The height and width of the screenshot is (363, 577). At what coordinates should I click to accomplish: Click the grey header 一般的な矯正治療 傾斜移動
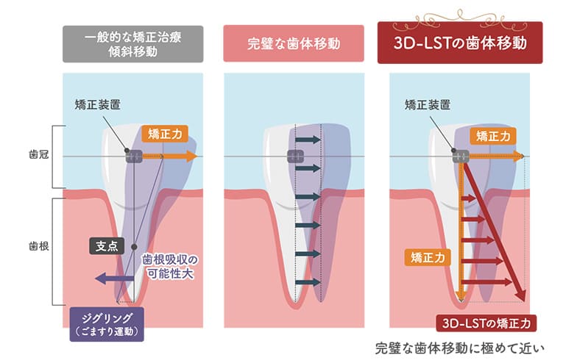[132, 44]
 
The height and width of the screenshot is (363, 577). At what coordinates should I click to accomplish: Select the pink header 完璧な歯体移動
[294, 44]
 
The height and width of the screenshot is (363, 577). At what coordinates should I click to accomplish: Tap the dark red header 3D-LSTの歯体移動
[460, 43]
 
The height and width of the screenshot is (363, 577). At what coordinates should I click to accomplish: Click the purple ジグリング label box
[107, 325]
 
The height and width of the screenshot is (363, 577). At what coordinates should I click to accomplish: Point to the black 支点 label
[107, 246]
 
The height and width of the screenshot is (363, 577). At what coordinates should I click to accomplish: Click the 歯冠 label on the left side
[38, 154]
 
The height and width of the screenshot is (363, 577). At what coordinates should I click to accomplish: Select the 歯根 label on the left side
[38, 245]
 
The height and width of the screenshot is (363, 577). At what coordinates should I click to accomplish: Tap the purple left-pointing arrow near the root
[115, 278]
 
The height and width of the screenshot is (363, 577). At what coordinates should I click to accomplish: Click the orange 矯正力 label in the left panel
[165, 134]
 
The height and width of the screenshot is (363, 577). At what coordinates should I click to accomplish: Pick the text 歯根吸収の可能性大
[170, 266]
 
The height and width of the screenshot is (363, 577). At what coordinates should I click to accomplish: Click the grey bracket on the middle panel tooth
[296, 156]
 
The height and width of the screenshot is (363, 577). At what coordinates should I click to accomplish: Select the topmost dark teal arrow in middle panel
[308, 140]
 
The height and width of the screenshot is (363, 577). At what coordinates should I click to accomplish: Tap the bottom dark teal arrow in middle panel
[308, 282]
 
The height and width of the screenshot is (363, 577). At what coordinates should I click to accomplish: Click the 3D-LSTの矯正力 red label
[486, 323]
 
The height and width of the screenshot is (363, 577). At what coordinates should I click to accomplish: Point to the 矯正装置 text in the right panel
[427, 105]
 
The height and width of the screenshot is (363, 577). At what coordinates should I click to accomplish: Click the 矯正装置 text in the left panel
[97, 105]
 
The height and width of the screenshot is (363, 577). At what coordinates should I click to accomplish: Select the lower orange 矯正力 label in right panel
[428, 257]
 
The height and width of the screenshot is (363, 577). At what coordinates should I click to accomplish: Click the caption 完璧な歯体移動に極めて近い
[459, 348]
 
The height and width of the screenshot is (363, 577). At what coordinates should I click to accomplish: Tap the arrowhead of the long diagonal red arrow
[522, 295]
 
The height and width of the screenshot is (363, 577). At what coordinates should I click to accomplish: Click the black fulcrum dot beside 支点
[134, 247]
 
